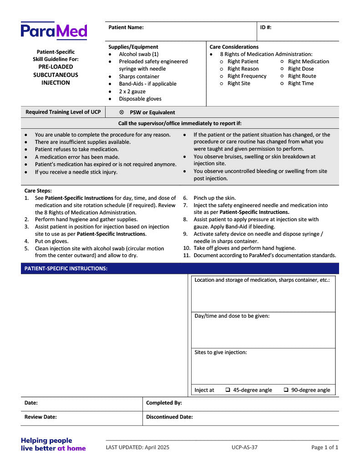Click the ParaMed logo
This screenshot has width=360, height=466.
pos(54,31)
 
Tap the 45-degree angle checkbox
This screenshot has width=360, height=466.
pos(228,390)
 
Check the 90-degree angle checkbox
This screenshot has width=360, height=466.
pos(286,390)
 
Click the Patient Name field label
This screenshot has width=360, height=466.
pos(126,27)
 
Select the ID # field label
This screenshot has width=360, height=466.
pos(266,27)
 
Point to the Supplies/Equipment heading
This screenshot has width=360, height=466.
pos(133,47)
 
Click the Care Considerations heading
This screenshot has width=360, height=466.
pos(234,47)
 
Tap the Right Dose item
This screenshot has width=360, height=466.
pos(301,69)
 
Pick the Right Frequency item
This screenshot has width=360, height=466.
pos(247,76)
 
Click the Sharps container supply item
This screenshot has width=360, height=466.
pos(139,76)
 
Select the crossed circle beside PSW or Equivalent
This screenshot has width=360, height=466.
pos(122,112)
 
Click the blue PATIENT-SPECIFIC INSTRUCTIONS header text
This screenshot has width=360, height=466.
pos(66,268)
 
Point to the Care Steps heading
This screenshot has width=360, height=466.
pos(38,191)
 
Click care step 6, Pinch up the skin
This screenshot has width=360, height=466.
pos(215,198)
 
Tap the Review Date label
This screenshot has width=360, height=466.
pos(41,417)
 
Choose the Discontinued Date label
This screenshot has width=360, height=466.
pos(169,417)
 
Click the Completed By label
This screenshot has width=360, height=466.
pos(164,403)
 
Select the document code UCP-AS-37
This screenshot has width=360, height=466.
pos(244,447)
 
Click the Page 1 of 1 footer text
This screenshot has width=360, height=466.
pos(325,447)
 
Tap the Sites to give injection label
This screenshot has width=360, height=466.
pos(221,352)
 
